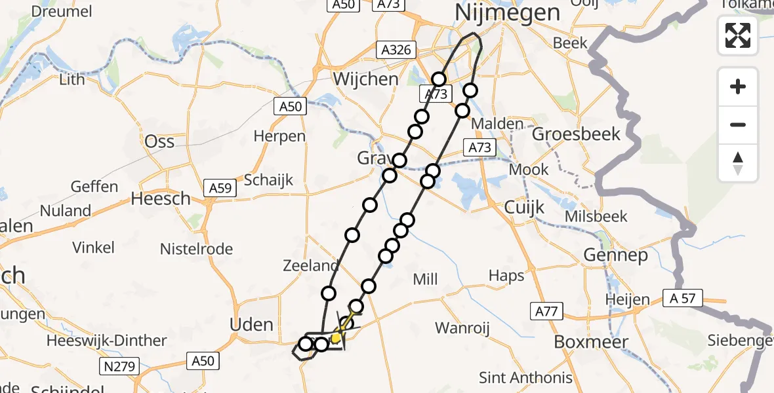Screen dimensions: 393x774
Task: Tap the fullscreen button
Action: (x=738, y=35)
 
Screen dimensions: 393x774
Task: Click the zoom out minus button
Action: (x=738, y=124)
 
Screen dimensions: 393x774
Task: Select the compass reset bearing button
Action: (x=738, y=163)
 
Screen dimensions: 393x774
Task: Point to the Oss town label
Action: (x=160, y=141)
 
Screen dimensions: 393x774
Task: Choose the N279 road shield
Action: (x=119, y=366)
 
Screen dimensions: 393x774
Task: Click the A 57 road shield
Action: (x=682, y=299)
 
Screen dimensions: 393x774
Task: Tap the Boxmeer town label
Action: (x=591, y=342)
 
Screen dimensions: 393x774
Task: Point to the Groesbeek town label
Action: (x=576, y=134)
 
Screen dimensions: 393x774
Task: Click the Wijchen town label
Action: (x=365, y=79)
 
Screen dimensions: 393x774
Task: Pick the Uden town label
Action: (x=253, y=324)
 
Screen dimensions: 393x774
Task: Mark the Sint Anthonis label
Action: (x=525, y=377)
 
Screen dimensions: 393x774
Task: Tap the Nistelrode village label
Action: (x=197, y=249)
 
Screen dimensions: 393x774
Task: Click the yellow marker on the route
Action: (x=336, y=338)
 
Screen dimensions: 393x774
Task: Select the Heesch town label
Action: (x=161, y=198)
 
